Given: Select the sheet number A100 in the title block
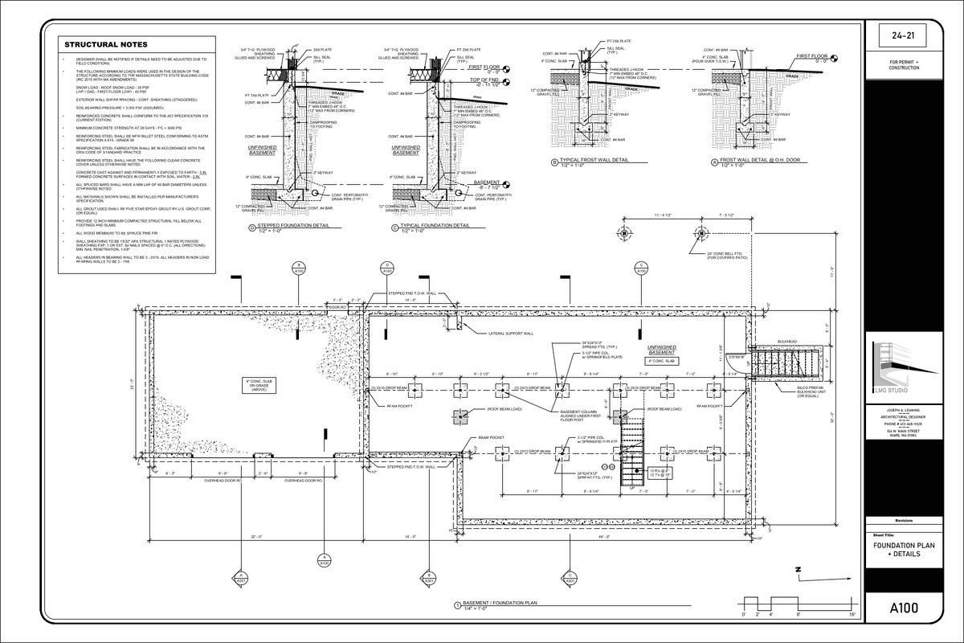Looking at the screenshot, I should (905, 608).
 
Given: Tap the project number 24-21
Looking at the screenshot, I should (905, 36).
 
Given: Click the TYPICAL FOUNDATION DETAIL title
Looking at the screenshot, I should (435, 226).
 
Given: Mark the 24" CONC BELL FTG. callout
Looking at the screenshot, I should (726, 256).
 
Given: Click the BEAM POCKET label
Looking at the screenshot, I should (490, 438).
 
